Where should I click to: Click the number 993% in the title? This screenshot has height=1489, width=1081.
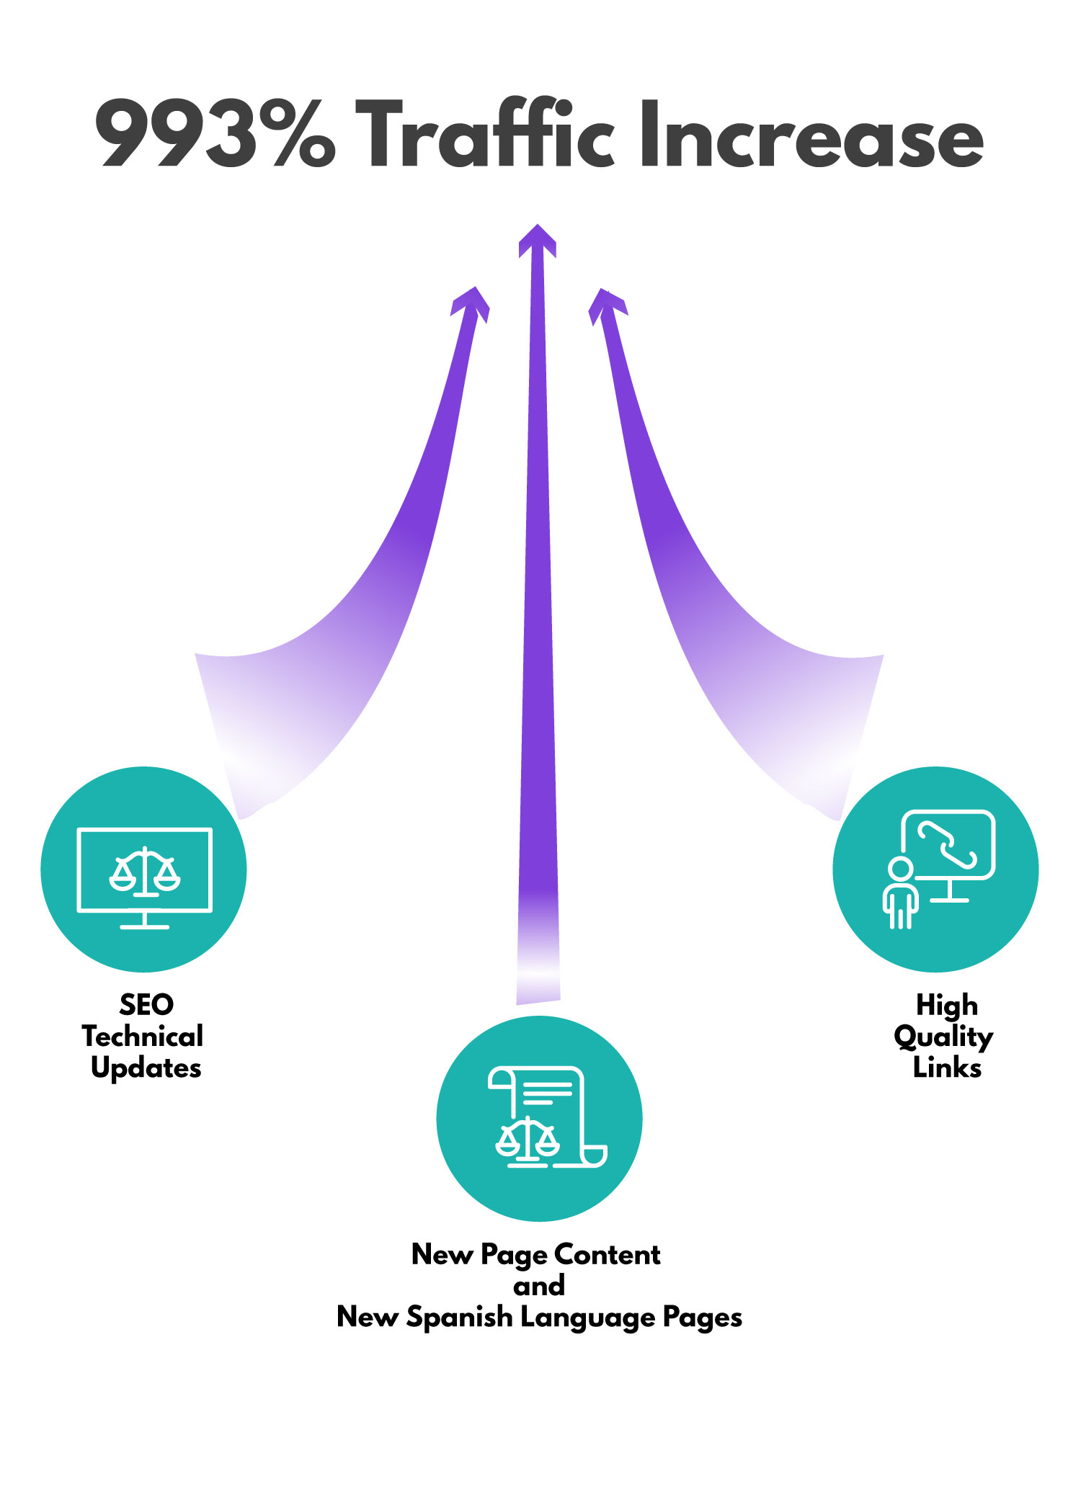click(215, 135)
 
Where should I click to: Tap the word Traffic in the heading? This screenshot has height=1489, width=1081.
click(492, 135)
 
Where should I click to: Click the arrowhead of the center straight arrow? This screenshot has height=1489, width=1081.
click(537, 240)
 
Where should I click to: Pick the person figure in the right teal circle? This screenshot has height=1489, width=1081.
click(901, 893)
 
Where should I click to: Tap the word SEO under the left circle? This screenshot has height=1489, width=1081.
click(146, 1004)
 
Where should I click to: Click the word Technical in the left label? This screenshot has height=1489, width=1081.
click(143, 1037)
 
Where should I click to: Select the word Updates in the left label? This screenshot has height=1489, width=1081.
click(146, 1068)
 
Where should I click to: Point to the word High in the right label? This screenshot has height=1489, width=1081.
click(946, 1004)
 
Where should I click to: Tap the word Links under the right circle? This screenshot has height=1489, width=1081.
click(947, 1068)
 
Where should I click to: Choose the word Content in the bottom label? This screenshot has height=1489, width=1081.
click(607, 1254)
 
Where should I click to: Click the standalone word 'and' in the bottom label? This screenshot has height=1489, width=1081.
click(539, 1286)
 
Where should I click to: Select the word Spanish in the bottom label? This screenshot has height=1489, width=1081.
click(459, 1318)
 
